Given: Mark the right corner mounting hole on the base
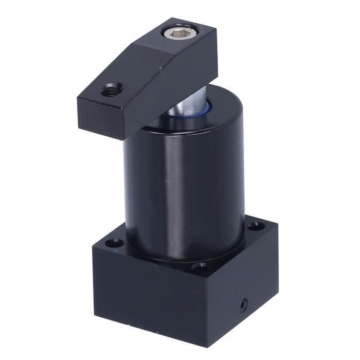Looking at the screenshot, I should click(x=254, y=225).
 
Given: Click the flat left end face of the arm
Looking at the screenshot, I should click(x=101, y=119).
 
